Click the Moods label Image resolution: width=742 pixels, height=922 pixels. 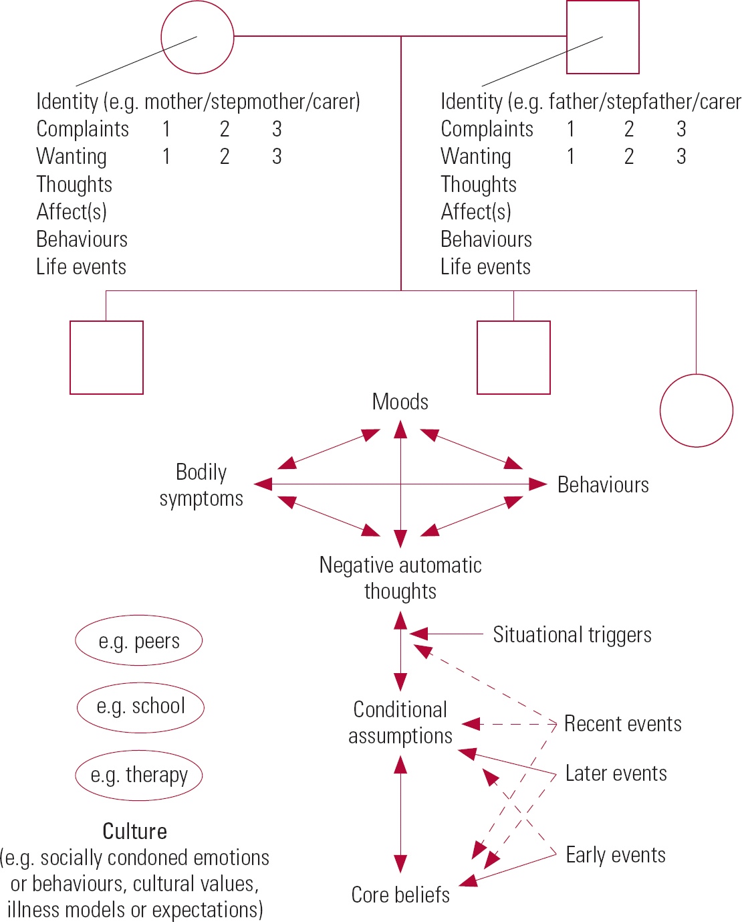pyautogui.click(x=400, y=402)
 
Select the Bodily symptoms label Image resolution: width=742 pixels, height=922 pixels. pyautogui.click(x=201, y=485)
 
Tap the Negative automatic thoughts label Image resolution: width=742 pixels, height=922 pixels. pyautogui.click(x=400, y=578)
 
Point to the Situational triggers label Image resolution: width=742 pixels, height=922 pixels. pyautogui.click(x=572, y=634)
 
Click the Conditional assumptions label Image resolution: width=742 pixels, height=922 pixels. pyautogui.click(x=400, y=723)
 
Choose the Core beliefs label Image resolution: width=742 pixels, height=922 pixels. pyautogui.click(x=400, y=895)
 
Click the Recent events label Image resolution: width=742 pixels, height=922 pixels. pyautogui.click(x=622, y=724)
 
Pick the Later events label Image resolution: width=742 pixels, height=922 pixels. pyautogui.click(x=616, y=773)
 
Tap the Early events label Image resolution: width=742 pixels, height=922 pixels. pyautogui.click(x=616, y=855)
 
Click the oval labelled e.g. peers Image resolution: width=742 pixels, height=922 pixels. pyautogui.click(x=139, y=641)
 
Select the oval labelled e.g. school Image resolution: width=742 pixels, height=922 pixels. pyautogui.click(x=140, y=707)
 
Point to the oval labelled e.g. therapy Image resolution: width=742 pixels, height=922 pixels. pyautogui.click(x=139, y=775)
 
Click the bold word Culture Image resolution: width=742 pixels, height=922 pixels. pyautogui.click(x=134, y=831)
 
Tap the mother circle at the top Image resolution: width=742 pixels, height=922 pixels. pyautogui.click(x=198, y=37)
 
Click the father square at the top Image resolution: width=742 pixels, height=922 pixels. pyautogui.click(x=602, y=37)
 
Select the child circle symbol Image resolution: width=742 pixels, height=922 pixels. pyautogui.click(x=696, y=410)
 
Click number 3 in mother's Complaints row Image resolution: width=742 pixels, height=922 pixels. pyautogui.click(x=277, y=128)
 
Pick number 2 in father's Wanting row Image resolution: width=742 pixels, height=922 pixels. pyautogui.click(x=629, y=157)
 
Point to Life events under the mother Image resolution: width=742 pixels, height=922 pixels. pyautogui.click(x=81, y=267)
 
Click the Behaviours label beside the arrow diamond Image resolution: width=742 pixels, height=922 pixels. pyautogui.click(x=603, y=485)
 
